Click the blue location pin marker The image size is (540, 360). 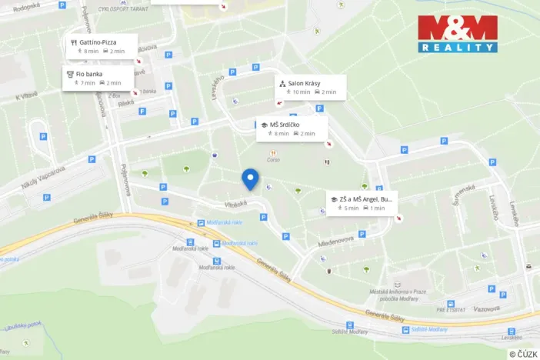click(250, 179)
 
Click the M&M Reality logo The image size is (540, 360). click(457, 34)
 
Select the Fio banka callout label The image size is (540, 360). click(98, 78)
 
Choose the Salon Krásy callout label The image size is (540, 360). click(310, 87)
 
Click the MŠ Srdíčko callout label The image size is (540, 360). click(292, 128)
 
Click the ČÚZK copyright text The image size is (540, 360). click(524, 354)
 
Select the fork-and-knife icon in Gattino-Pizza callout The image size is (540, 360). click(73, 42)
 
